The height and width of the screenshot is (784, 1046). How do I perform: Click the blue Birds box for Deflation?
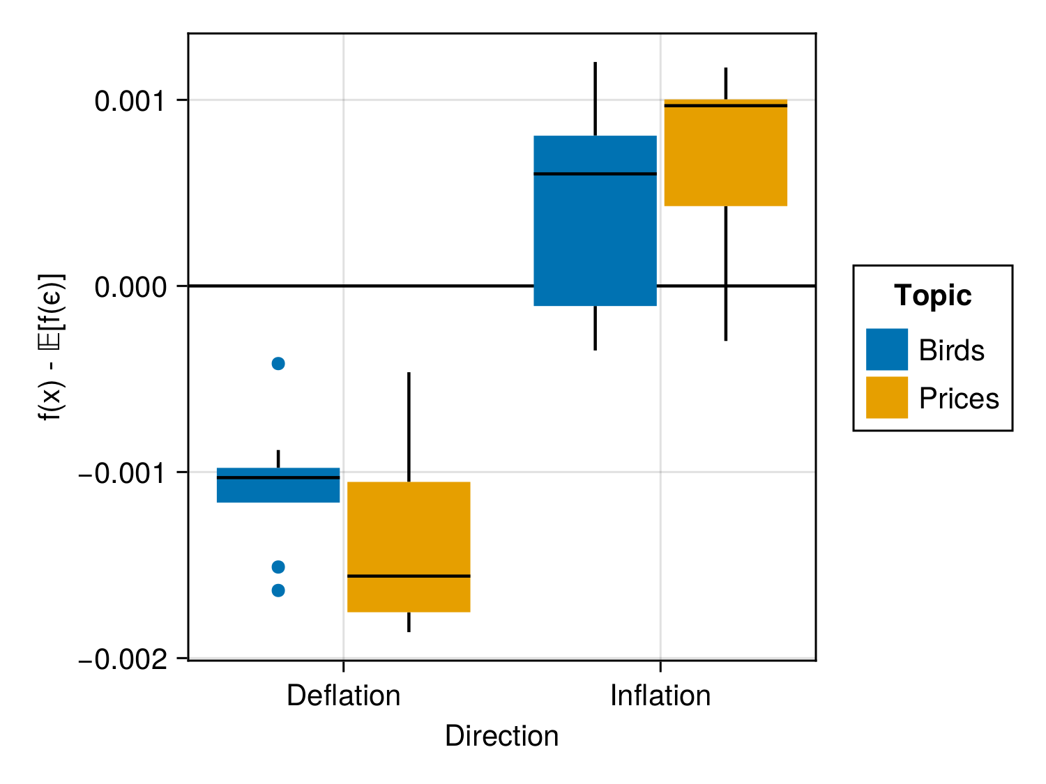[x=278, y=490]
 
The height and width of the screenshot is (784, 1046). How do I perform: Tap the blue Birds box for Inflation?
[x=595, y=230]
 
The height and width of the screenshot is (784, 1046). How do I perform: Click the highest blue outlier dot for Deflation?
[x=278, y=363]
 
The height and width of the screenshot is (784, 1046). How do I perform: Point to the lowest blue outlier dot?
[x=278, y=590]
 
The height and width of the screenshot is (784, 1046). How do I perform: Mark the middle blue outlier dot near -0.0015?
[x=278, y=567]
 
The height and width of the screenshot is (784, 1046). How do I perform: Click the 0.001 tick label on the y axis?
[x=130, y=101]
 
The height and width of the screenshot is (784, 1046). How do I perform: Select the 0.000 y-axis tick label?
[x=130, y=286]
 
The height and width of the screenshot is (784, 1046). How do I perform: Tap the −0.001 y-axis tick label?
[x=123, y=473]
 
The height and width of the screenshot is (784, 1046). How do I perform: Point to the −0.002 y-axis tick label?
[x=123, y=659]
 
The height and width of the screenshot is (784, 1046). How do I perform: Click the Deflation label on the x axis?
[x=343, y=696]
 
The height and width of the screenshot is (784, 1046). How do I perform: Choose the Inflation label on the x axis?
[x=660, y=696]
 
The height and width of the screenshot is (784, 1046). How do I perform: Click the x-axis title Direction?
[x=501, y=736]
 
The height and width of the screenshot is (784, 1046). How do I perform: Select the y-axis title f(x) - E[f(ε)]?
[x=52, y=346]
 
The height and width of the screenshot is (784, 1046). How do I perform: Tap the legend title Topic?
[x=932, y=295]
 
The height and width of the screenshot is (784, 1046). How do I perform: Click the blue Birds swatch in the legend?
[x=886, y=349]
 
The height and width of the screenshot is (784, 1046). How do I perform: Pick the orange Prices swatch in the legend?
[x=886, y=397]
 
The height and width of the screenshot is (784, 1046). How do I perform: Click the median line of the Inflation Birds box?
[x=595, y=174]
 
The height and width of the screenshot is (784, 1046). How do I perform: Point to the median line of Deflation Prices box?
[x=409, y=576]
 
